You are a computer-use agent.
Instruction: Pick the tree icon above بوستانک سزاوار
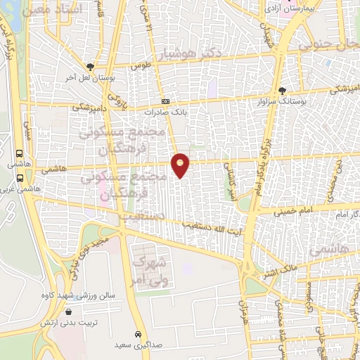click(x=283, y=91)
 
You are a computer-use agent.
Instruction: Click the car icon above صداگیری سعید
click(x=138, y=335)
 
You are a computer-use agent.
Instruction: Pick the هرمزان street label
click(x=243, y=312)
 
